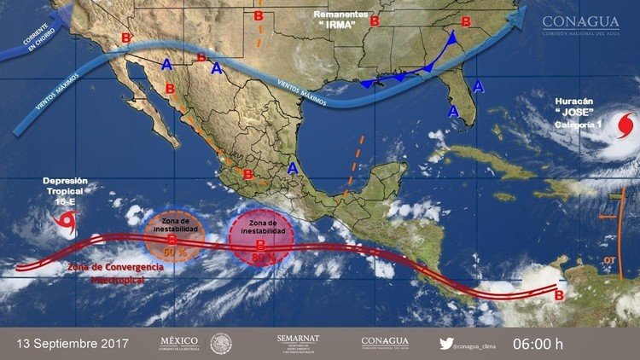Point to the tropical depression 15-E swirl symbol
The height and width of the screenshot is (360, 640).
[x=65, y=221]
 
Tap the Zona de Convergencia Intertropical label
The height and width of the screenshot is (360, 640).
[x=116, y=273]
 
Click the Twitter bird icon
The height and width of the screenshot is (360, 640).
[x=445, y=343]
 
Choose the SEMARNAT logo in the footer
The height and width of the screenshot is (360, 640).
[x=298, y=342]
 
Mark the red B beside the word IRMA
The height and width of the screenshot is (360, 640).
[x=373, y=22]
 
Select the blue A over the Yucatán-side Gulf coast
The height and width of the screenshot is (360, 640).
[x=293, y=168]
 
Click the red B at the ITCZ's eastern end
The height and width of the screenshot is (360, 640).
[x=559, y=295]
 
